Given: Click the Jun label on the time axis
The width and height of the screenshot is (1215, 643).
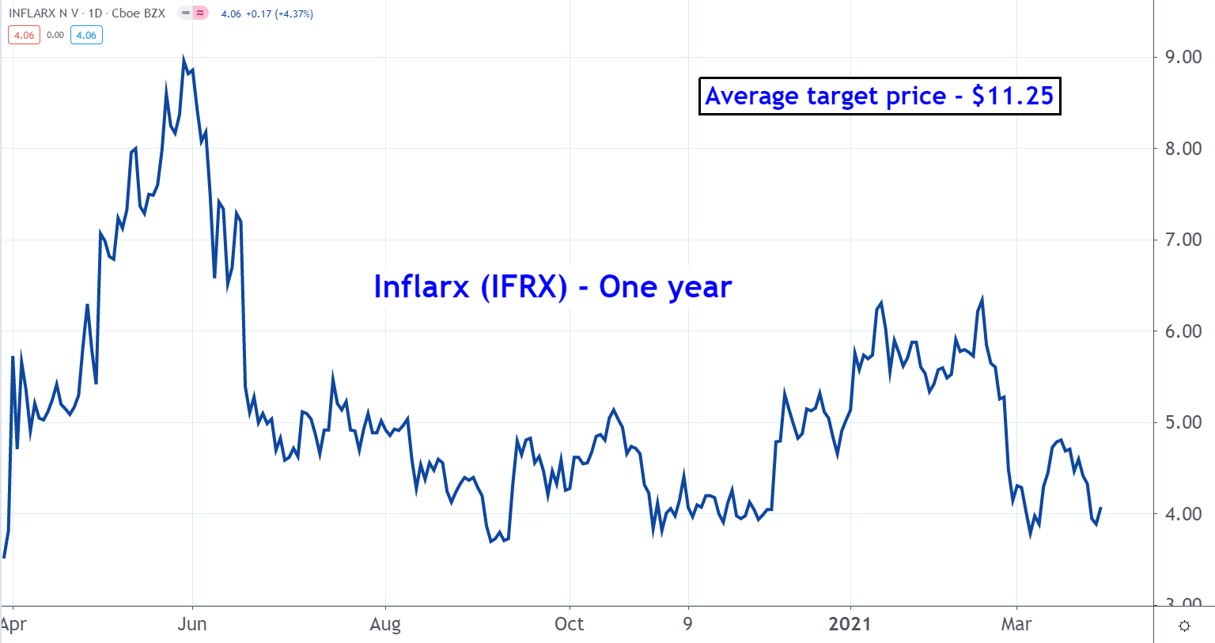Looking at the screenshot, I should [x=192, y=624].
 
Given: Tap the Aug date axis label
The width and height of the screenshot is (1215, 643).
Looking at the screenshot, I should [x=385, y=624].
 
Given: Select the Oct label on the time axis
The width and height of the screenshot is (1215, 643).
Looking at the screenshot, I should [x=570, y=624].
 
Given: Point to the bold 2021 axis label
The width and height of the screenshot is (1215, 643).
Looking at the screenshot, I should [x=850, y=624].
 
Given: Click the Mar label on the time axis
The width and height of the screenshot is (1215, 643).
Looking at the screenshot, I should [x=1016, y=624].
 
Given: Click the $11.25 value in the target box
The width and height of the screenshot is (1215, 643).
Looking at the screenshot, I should [x=1012, y=96].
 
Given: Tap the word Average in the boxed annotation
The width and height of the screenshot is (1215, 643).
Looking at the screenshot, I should [x=752, y=96].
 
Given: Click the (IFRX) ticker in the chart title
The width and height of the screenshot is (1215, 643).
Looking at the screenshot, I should [x=524, y=286].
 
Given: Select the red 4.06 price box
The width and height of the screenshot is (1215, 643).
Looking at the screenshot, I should [x=24, y=35].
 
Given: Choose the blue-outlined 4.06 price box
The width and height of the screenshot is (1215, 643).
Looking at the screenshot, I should [x=86, y=35].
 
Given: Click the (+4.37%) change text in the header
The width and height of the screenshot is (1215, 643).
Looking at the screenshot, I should [x=293, y=13].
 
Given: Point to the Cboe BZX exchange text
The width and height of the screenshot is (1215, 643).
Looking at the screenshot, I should [x=138, y=13].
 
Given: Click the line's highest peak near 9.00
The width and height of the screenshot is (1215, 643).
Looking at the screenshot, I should [x=184, y=59].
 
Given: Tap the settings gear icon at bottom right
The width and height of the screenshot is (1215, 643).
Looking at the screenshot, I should [x=1184, y=626].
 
